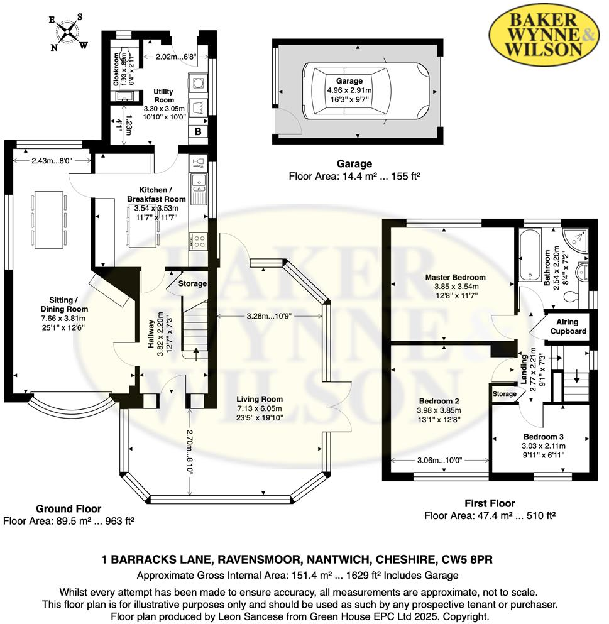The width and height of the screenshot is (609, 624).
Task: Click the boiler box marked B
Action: (x=197, y=132)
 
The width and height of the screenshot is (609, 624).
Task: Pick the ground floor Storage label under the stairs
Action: (x=192, y=284)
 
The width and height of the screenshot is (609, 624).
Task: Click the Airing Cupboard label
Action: (x=568, y=327)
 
